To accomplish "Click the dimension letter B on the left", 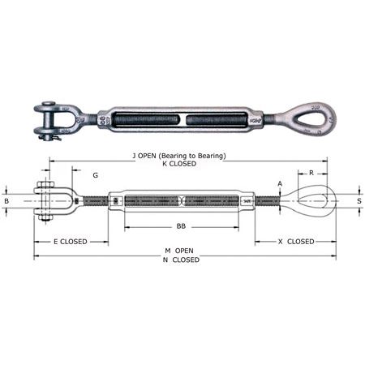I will click(x=7, y=200).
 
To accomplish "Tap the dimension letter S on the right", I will click(x=359, y=200).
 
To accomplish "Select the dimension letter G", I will click(x=96, y=175).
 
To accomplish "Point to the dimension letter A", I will click(x=280, y=183).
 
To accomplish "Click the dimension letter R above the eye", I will click(x=311, y=174).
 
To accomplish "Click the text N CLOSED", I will click(x=182, y=260).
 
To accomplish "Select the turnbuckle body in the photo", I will click(x=181, y=120).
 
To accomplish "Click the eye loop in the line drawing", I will click(x=313, y=200).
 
